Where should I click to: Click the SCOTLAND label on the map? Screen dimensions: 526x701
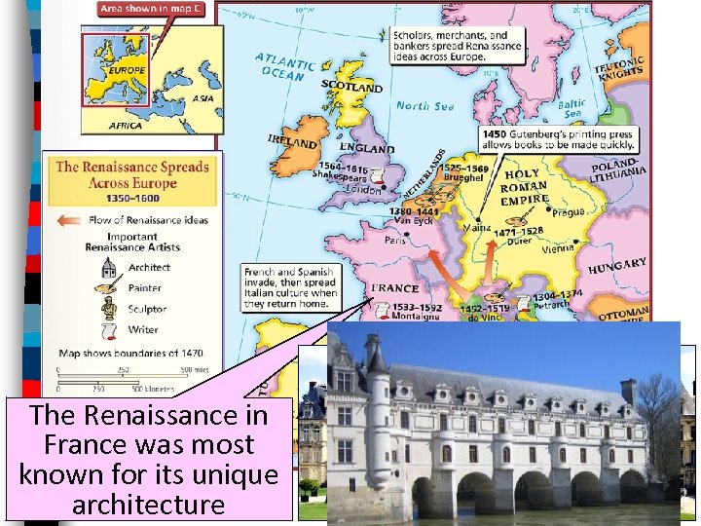[x=352, y=87]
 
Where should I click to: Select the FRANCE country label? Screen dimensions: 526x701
[x=395, y=288]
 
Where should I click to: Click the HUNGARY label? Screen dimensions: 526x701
[x=617, y=265]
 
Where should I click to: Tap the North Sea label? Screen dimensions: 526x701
[x=424, y=106]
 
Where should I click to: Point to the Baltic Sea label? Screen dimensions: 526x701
[x=572, y=108]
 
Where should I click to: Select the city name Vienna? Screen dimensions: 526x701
[x=558, y=247]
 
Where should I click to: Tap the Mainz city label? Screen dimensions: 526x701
[x=476, y=230]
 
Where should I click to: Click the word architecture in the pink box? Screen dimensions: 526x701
[x=149, y=505]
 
